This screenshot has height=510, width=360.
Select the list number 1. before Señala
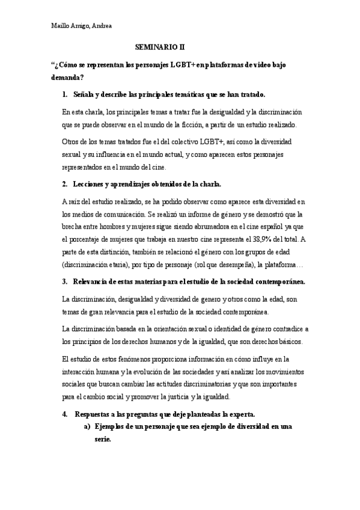click(x=65, y=95)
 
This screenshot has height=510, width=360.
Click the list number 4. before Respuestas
click(x=65, y=414)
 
